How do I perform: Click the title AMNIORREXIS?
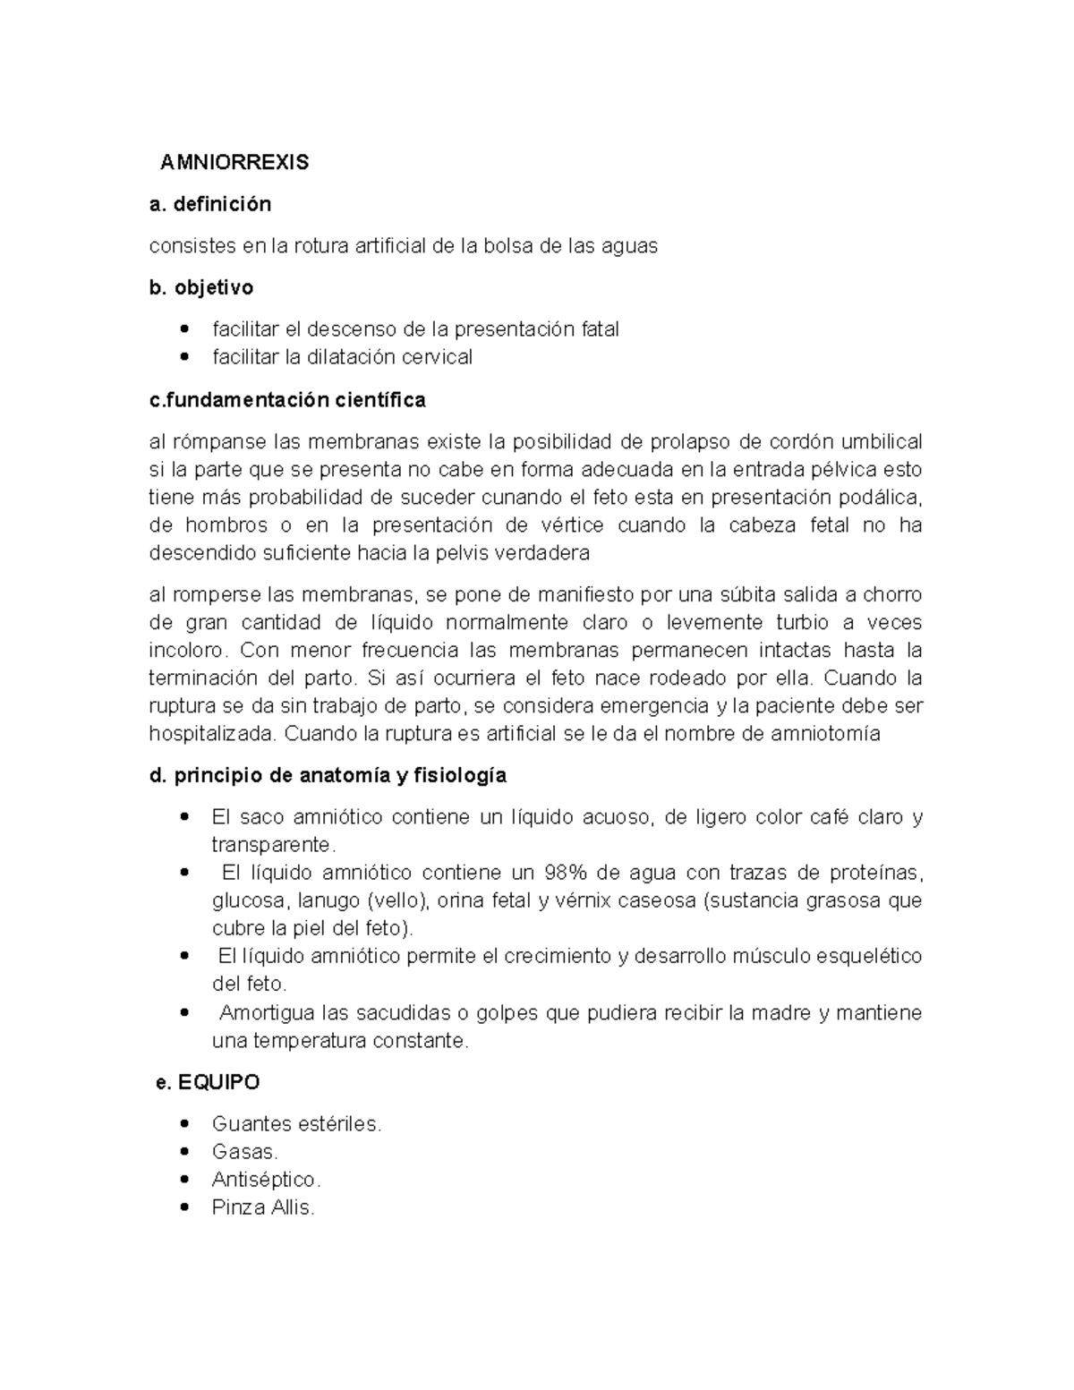(234, 162)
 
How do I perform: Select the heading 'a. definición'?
(210, 204)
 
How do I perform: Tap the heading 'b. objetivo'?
(201, 287)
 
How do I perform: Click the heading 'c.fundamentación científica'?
(287, 399)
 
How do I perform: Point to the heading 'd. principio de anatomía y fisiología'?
(328, 775)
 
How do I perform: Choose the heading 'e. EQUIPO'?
(208, 1082)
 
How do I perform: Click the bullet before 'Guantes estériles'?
(184, 1123)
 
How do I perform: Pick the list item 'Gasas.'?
(245, 1151)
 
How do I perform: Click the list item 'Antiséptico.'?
(266, 1180)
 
